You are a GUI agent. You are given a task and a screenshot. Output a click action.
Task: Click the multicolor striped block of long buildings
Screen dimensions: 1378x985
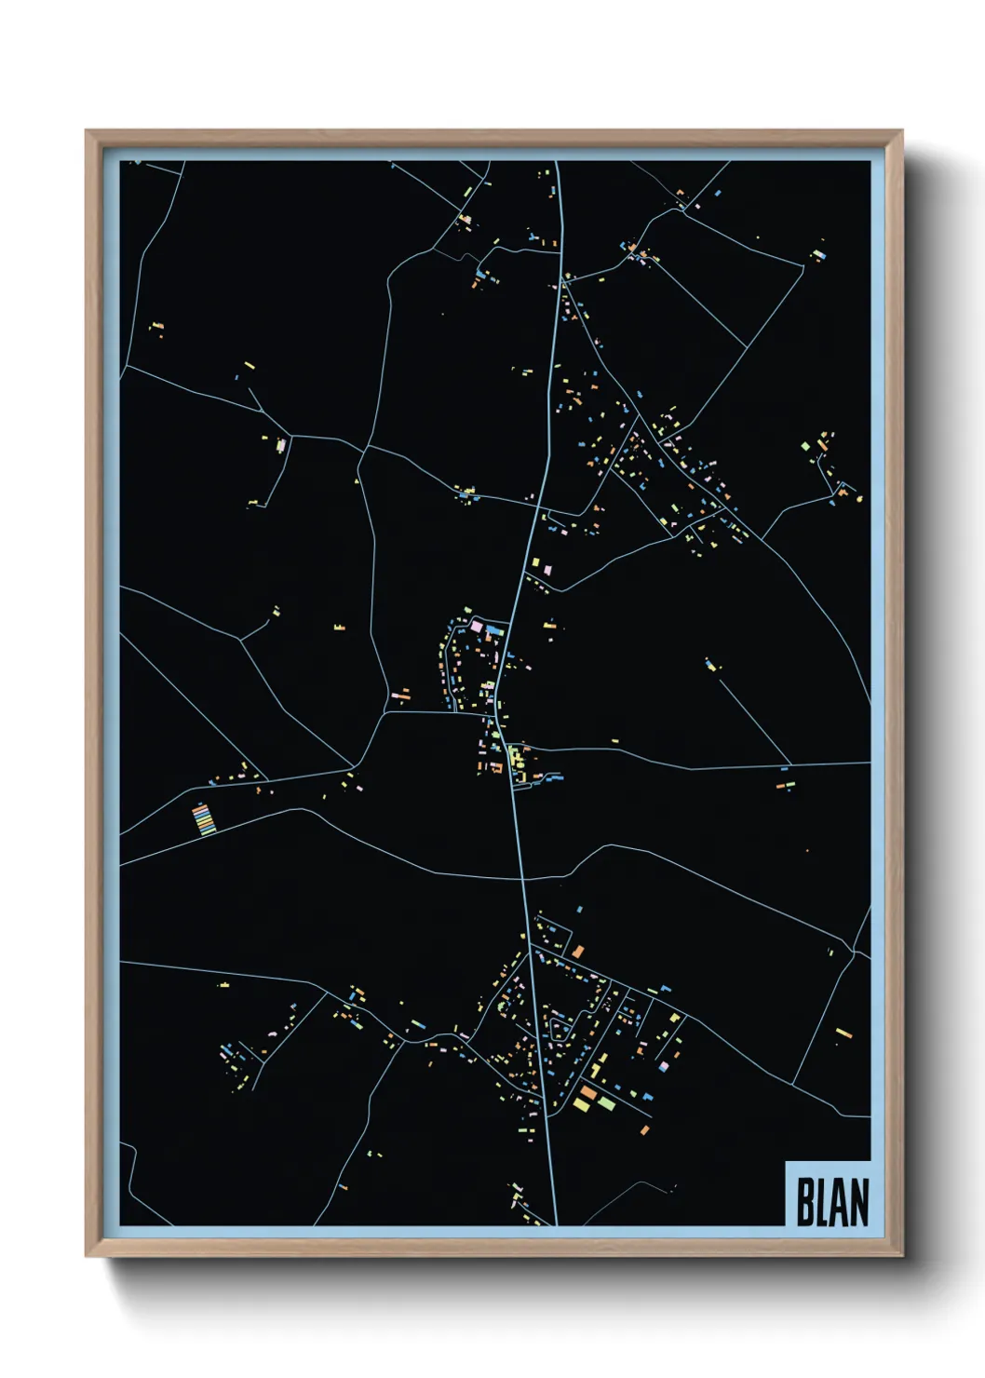pyautogui.click(x=203, y=819)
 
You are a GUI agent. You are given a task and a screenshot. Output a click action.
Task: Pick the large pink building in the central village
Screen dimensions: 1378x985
pyautogui.click(x=477, y=628)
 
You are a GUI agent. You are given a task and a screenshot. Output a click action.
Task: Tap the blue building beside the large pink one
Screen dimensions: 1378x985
pyautogui.click(x=492, y=630)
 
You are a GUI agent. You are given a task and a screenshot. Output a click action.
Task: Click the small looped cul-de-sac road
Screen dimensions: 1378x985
pyautogui.click(x=560, y=1030)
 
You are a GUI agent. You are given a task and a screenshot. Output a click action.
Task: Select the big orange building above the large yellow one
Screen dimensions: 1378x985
pyautogui.click(x=588, y=1092)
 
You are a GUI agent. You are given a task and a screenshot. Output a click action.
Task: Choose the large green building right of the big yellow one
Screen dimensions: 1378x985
pyautogui.click(x=606, y=1103)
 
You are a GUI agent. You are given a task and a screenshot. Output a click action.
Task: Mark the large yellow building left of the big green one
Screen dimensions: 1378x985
pyautogui.click(x=582, y=1105)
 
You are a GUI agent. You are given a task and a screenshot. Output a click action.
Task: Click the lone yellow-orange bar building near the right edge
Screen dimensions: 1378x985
pyautogui.click(x=843, y=1033)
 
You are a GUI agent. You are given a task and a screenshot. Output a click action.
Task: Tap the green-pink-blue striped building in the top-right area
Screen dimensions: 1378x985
pyautogui.click(x=818, y=252)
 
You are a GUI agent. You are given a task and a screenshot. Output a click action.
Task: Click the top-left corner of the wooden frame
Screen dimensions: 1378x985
pyautogui.click(x=87, y=131)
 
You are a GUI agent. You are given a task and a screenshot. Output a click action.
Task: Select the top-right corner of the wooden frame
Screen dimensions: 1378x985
pyautogui.click(x=901, y=131)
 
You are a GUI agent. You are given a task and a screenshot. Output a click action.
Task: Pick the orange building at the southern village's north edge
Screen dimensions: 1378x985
pyautogui.click(x=578, y=952)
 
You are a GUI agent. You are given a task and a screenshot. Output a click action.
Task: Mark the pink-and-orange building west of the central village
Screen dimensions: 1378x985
pyautogui.click(x=401, y=695)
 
